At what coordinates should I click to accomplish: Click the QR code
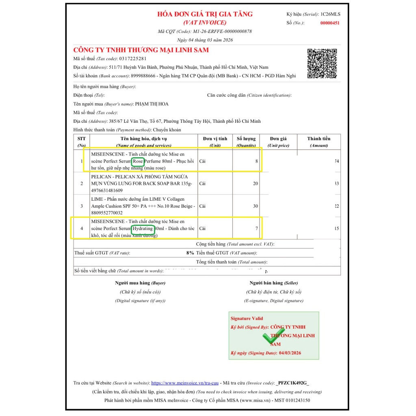[322, 63]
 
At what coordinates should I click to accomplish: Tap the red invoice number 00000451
[330, 23]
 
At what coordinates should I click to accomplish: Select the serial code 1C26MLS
[330, 14]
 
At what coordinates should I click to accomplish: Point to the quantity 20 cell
[255, 184]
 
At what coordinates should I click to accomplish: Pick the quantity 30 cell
[255, 206]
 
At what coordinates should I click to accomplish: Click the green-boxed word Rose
[138, 161]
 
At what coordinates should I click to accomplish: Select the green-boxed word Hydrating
[143, 228]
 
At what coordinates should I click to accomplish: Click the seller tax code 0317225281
[133, 59]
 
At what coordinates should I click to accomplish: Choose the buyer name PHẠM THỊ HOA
[152, 104]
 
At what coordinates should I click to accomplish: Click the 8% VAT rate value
[190, 253]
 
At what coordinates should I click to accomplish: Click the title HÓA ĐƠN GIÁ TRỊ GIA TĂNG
[205, 14]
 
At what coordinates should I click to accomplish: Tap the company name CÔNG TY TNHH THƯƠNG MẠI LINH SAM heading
[141, 50]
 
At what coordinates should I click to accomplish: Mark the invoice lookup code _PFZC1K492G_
[292, 383]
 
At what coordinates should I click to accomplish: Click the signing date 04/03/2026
[290, 353]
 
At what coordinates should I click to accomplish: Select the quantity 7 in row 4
[256, 228]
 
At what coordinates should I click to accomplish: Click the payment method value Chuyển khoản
[167, 130]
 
